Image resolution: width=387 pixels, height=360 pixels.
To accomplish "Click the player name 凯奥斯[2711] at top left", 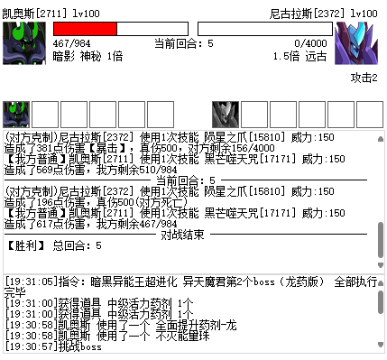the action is click(x=31, y=14).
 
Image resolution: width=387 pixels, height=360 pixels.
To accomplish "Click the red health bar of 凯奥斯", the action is click(x=85, y=29).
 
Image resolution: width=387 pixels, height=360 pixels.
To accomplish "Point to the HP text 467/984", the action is click(x=72, y=42).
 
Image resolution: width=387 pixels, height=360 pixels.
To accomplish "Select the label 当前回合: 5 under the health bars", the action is click(x=184, y=42).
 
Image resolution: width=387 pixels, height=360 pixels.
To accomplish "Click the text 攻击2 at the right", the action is click(x=364, y=78).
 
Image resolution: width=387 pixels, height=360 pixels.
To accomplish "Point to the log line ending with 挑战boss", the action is click(x=56, y=346).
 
